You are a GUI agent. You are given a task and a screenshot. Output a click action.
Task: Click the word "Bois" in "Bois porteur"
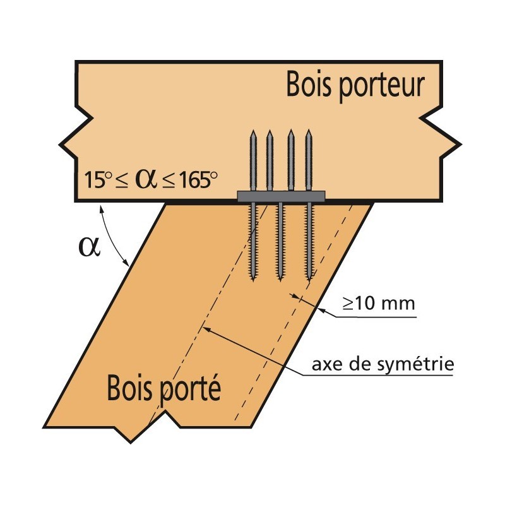point(309,85)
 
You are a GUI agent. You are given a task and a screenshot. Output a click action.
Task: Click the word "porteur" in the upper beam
point(382,87)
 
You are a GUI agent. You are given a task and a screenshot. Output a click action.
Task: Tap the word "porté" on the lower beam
point(191,389)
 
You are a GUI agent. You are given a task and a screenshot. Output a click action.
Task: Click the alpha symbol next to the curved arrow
point(89,247)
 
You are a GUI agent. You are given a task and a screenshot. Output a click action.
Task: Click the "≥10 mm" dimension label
point(379,304)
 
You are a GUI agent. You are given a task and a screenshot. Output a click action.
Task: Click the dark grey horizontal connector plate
point(281,196)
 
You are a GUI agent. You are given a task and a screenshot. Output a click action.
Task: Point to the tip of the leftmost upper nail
point(253,131)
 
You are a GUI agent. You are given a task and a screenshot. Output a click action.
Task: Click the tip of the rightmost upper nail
point(309,131)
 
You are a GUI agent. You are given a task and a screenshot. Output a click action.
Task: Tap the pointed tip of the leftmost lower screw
point(254,280)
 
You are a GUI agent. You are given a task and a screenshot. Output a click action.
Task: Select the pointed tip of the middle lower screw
point(280,280)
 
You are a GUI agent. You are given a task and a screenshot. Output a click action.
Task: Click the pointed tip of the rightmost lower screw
point(309,280)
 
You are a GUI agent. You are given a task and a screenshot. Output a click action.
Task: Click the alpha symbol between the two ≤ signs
point(146,181)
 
